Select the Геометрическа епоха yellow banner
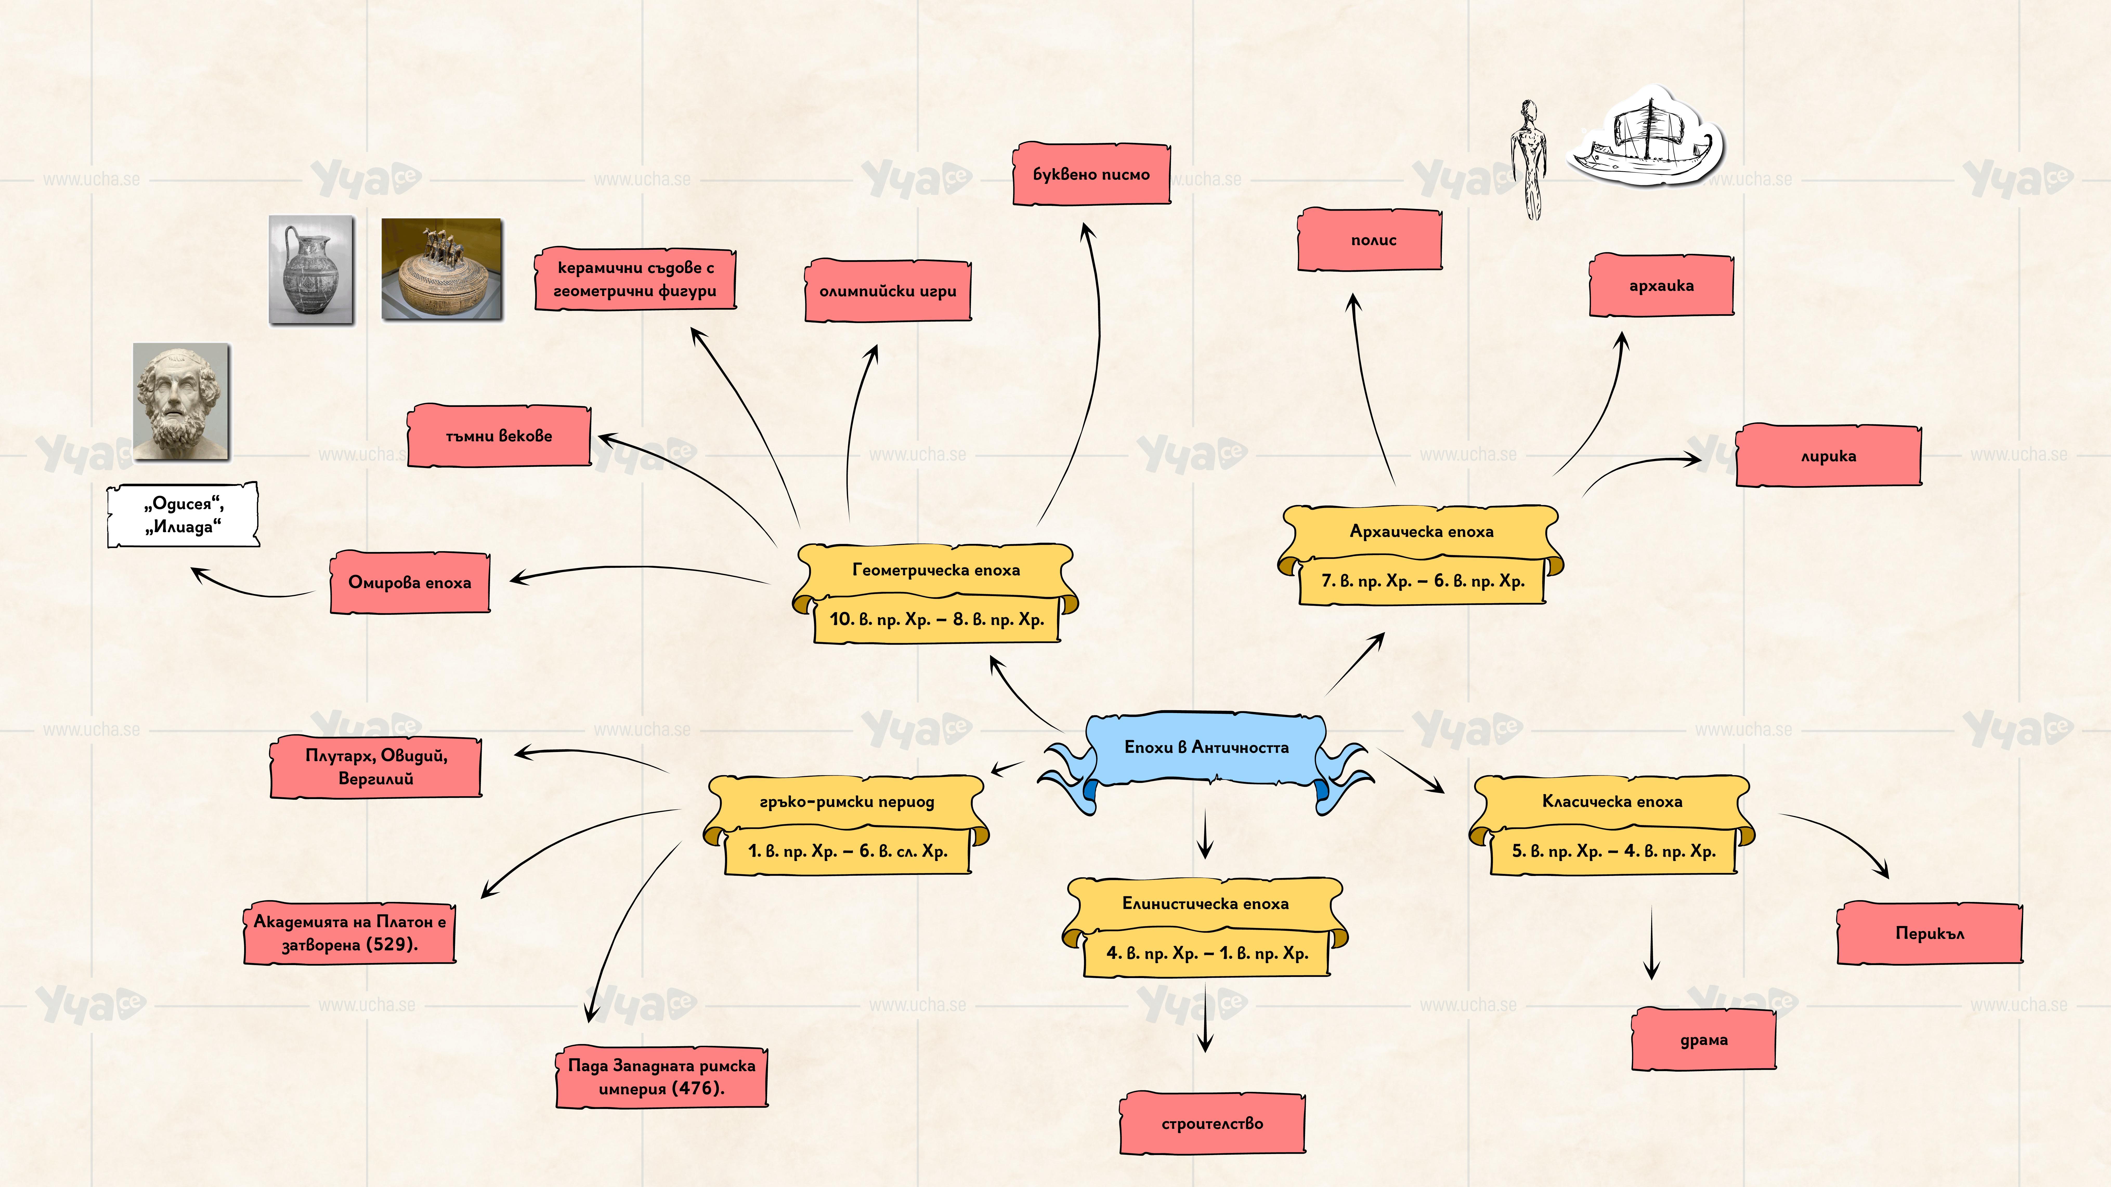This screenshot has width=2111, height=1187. pos(936,570)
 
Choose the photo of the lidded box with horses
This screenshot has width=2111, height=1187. pos(442,269)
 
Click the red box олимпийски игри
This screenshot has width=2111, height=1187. pos(888,291)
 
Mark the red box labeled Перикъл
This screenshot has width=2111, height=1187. pos(1929,933)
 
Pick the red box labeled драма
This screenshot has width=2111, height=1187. pos(1704,1040)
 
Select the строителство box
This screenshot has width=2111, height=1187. pos(1212,1123)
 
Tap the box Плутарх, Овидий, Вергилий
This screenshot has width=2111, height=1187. pos(376,767)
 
